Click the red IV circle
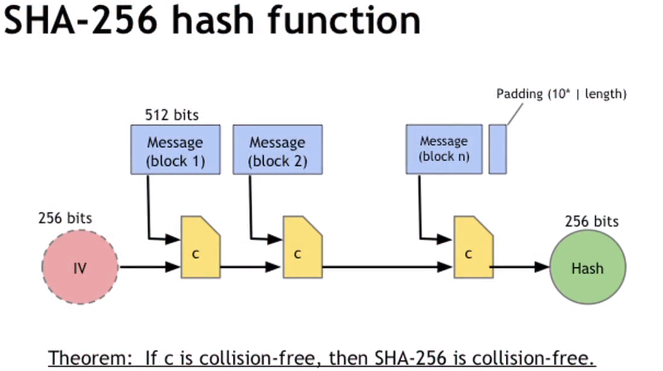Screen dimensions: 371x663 coord(80,267)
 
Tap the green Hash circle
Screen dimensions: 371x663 coord(588,267)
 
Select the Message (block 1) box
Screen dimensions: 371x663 coord(175,150)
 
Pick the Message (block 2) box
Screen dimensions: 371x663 coord(277,150)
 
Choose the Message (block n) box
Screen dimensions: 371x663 coord(444,149)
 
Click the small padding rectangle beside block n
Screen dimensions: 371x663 coord(497,149)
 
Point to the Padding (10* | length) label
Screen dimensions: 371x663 coord(561,94)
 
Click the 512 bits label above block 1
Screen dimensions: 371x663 coord(172,115)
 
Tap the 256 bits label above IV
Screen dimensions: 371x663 coord(65,218)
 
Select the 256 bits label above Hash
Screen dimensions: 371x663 coord(591,221)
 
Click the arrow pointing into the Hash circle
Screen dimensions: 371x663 coord(520,267)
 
